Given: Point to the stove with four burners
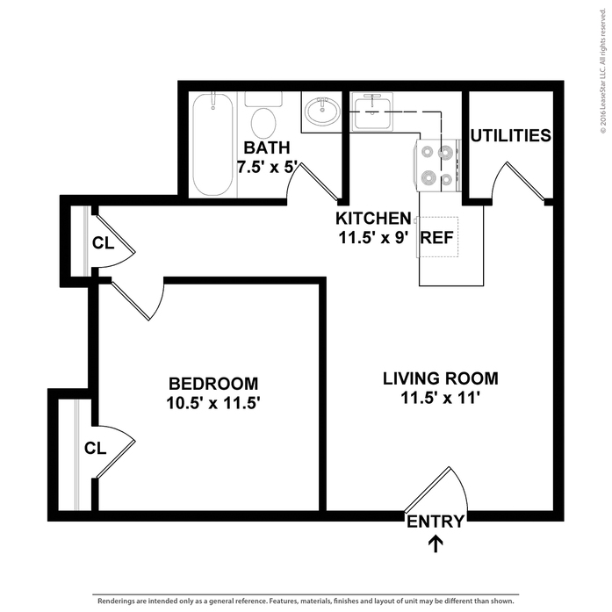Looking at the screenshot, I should [x=437, y=166].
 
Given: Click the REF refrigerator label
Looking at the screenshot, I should [x=436, y=237].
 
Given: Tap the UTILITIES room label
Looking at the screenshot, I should [x=510, y=136].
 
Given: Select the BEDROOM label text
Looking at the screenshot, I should [x=213, y=384].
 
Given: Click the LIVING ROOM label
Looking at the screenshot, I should [x=440, y=379].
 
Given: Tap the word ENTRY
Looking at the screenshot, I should [x=435, y=522].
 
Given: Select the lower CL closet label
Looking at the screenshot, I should [x=95, y=448].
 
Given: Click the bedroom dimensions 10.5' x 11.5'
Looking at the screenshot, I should [x=213, y=404].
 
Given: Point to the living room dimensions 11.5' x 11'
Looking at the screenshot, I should [x=440, y=400].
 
